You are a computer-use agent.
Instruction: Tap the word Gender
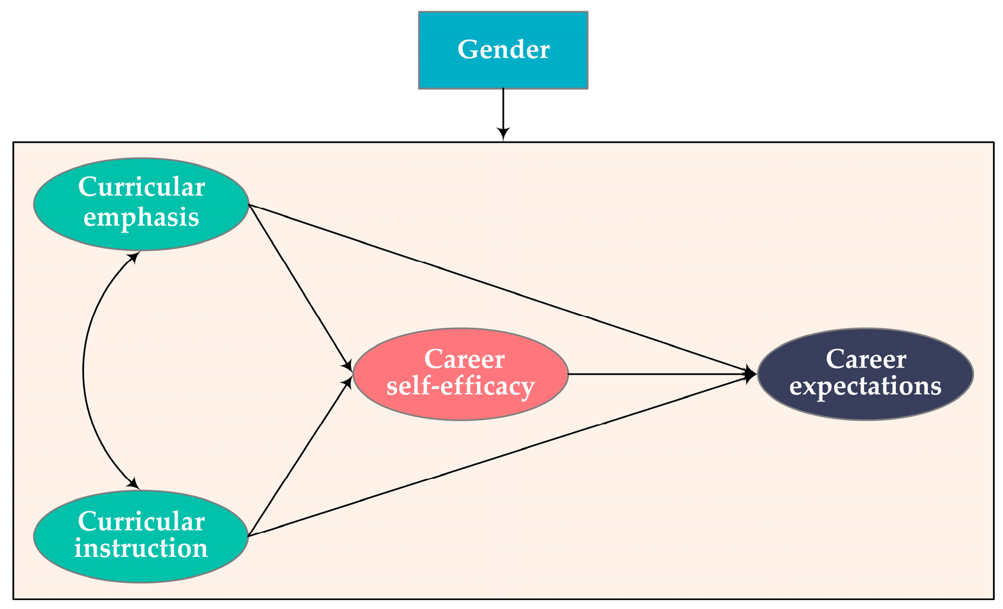pyautogui.click(x=503, y=50)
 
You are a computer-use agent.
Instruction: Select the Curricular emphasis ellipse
pyautogui.click(x=141, y=204)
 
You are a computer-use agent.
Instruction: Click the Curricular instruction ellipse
pyautogui.click(x=141, y=536)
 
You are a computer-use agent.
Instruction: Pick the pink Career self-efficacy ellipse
pyautogui.click(x=461, y=374)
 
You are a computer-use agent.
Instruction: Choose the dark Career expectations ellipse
pyautogui.click(x=865, y=374)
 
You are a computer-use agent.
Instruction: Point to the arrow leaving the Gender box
pyautogui.click(x=503, y=109)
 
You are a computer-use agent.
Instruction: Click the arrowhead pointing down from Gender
pyautogui.click(x=503, y=133)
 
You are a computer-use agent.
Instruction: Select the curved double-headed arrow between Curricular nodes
pyautogui.click(x=83, y=372)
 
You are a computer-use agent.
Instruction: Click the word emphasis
pyautogui.click(x=141, y=218)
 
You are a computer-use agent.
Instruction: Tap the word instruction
pyautogui.click(x=141, y=548)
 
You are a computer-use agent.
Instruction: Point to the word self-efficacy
pyautogui.click(x=461, y=386)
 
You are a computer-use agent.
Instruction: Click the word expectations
pyautogui.click(x=865, y=386)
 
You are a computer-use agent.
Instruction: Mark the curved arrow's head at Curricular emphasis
pyautogui.click(x=135, y=256)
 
